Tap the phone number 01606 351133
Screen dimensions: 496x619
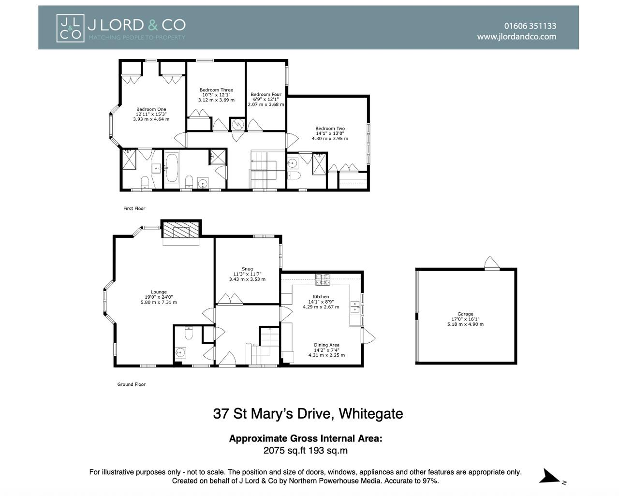(x=530, y=26)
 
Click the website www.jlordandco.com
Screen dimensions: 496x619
(x=516, y=37)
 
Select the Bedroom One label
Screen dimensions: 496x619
(x=151, y=109)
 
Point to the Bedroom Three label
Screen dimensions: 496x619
(x=216, y=90)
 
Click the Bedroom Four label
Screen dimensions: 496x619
(x=266, y=95)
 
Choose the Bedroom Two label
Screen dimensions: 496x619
(x=330, y=129)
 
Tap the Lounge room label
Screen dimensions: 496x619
(x=159, y=292)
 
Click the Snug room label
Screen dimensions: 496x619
(x=247, y=269)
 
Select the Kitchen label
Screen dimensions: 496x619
(x=321, y=297)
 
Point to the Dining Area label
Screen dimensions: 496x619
(x=326, y=345)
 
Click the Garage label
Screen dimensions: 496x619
(x=465, y=314)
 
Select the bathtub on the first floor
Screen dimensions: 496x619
(x=172, y=167)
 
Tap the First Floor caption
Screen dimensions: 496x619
(x=134, y=209)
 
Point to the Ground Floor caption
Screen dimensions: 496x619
(x=131, y=385)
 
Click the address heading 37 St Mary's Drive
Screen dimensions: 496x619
(x=308, y=414)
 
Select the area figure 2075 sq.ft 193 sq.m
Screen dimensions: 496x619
(x=305, y=451)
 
